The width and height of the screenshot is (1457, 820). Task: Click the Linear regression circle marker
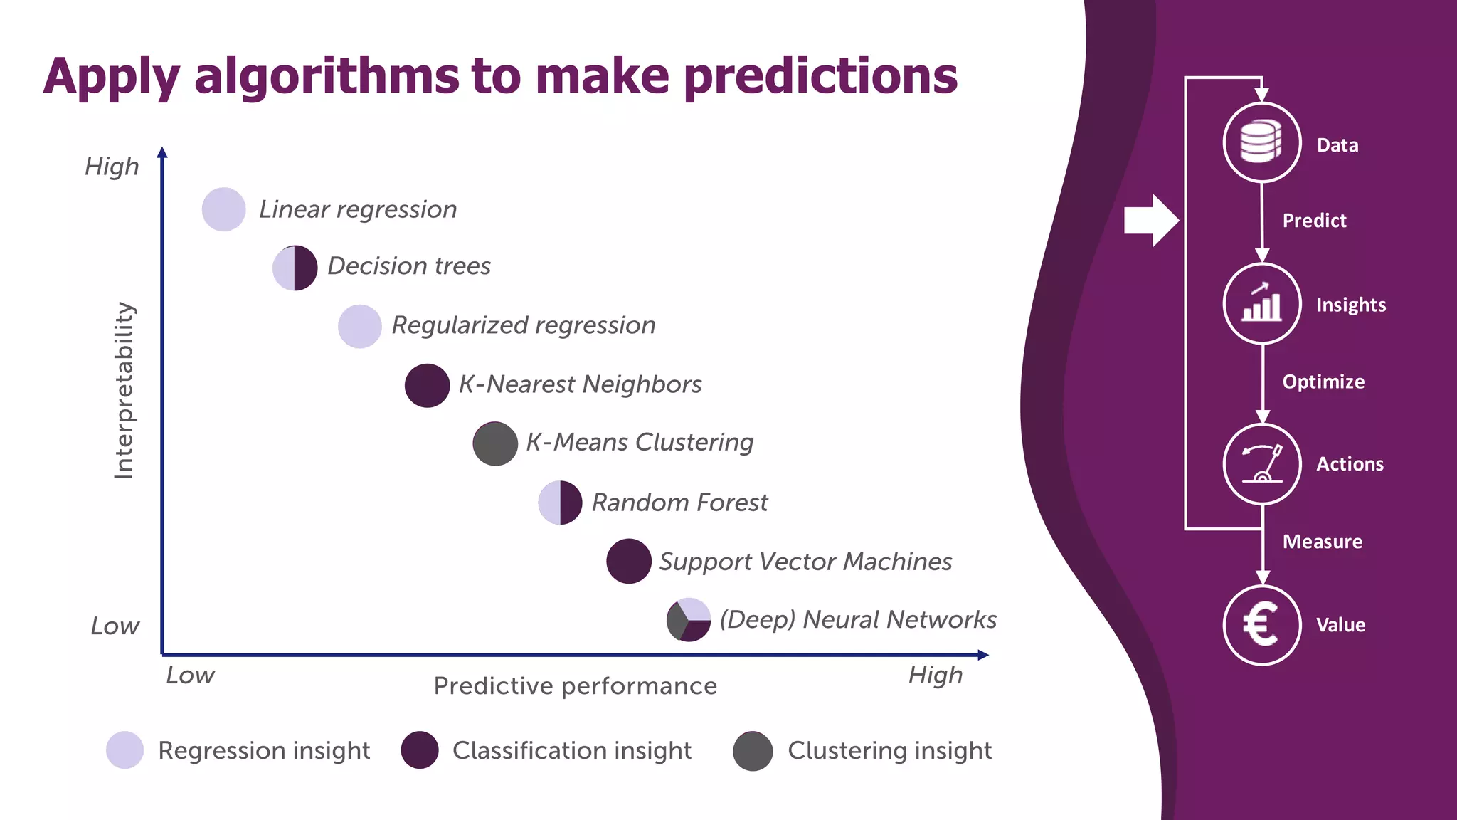pyautogui.click(x=224, y=209)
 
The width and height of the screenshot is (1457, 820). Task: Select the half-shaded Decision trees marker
pyautogui.click(x=295, y=268)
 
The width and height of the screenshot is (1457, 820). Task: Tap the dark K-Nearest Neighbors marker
pyautogui.click(x=427, y=385)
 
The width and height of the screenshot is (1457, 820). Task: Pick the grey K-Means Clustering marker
pyautogui.click(x=495, y=443)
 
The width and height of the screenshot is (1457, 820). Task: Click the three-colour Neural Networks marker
pyautogui.click(x=689, y=619)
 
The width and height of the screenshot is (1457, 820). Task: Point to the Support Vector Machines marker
pyautogui.click(x=629, y=561)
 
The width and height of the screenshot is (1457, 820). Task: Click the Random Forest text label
pyautogui.click(x=679, y=503)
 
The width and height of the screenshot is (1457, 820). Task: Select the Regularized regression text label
pyautogui.click(x=523, y=325)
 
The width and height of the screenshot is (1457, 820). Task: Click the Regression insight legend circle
pyautogui.click(x=125, y=750)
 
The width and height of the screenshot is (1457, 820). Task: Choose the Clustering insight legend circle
pyautogui.click(x=753, y=751)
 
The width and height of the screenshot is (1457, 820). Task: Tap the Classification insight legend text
pyautogui.click(x=571, y=750)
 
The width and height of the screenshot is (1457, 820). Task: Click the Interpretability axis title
pyautogui.click(x=124, y=390)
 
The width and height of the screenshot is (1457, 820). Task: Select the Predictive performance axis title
pyautogui.click(x=575, y=686)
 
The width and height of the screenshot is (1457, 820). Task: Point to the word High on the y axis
pyautogui.click(x=112, y=167)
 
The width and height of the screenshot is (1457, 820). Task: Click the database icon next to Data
pyautogui.click(x=1261, y=142)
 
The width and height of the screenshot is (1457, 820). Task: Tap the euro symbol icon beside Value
pyautogui.click(x=1261, y=625)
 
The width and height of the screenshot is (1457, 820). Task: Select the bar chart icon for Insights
pyautogui.click(x=1261, y=303)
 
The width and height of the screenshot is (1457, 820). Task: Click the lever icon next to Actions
pyautogui.click(x=1261, y=464)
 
